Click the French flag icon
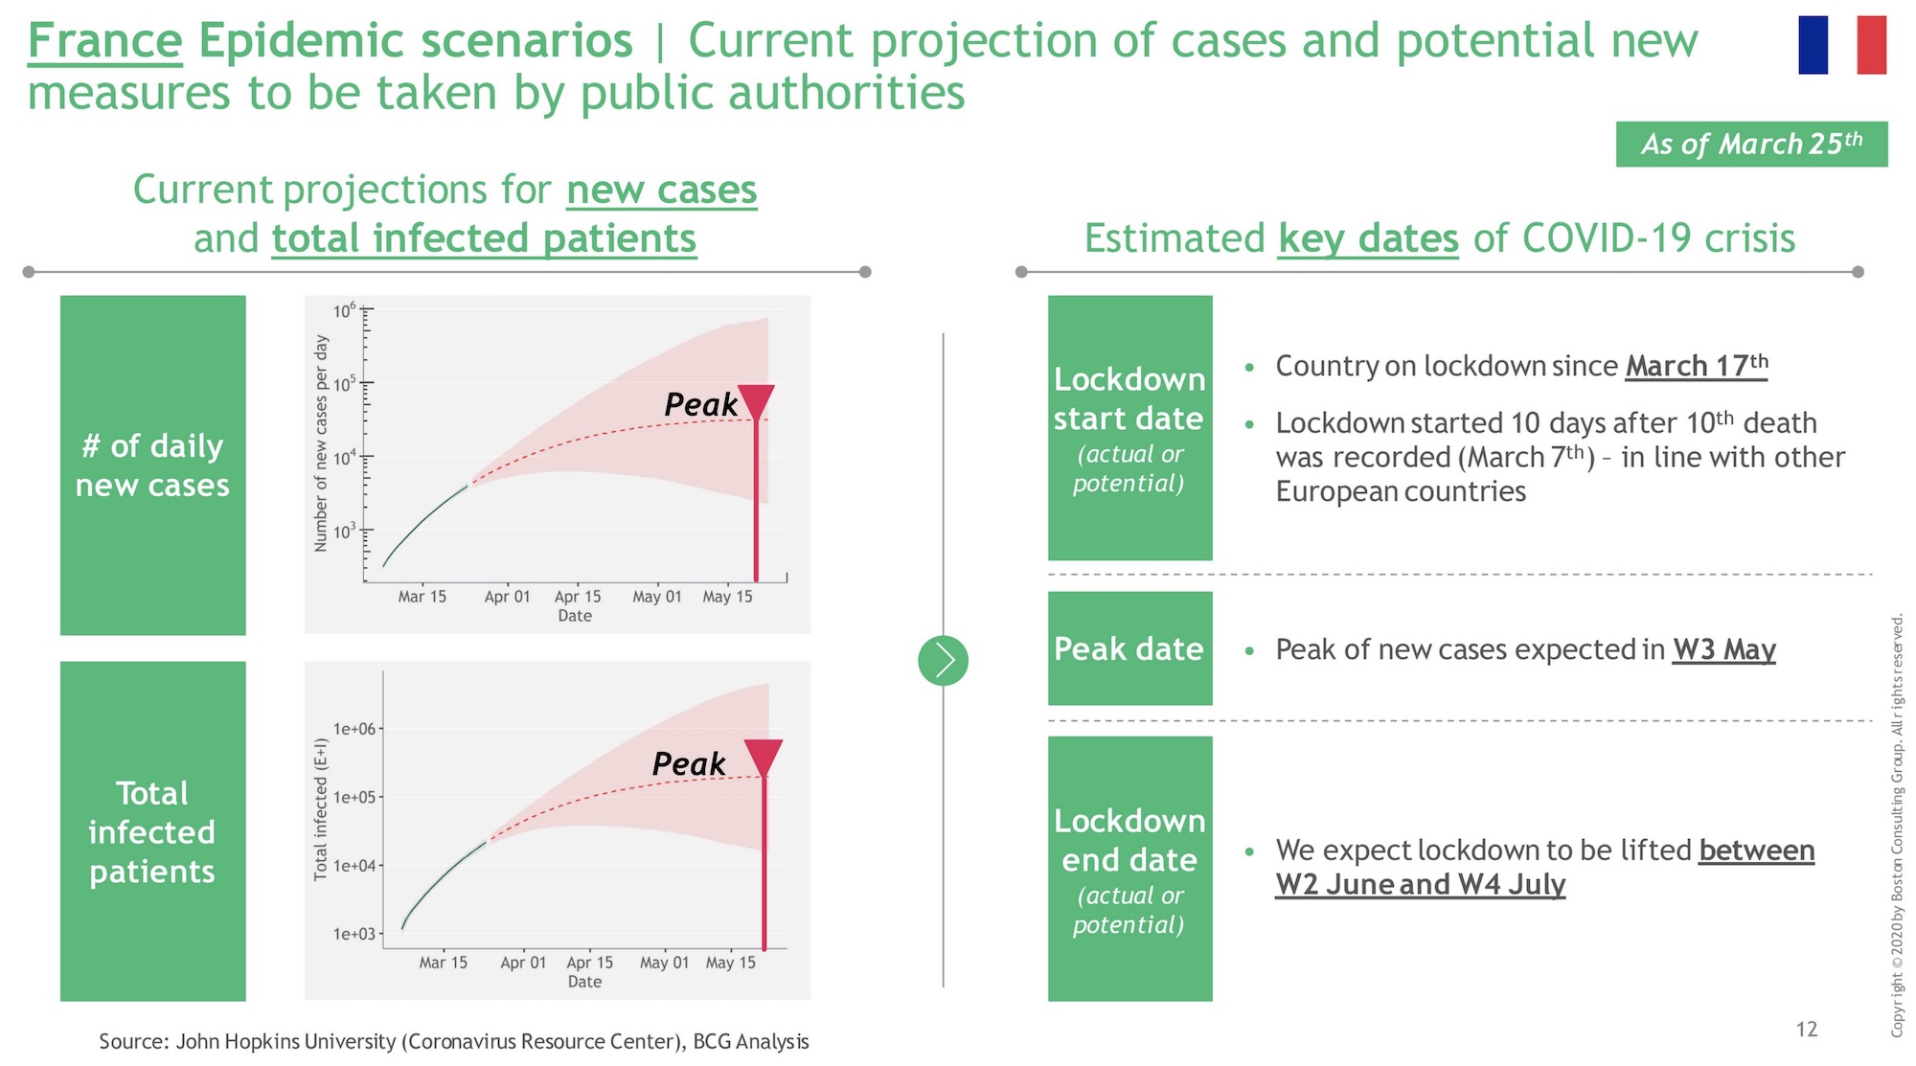1842,45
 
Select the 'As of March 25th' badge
1751,144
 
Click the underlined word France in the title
104,41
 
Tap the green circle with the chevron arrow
943,660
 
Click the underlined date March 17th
1697,366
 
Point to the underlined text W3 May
1724,649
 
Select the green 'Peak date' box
1129,648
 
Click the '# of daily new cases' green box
153,465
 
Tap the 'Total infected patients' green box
153,831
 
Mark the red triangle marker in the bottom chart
764,758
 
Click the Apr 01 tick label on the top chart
507,597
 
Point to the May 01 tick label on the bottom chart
664,963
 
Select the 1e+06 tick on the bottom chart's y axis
355,729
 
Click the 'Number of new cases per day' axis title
322,443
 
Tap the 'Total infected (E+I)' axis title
322,809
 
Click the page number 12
1807,1029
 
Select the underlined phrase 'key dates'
1368,238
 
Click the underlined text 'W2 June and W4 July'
1420,884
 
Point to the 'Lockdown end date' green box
1129,869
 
